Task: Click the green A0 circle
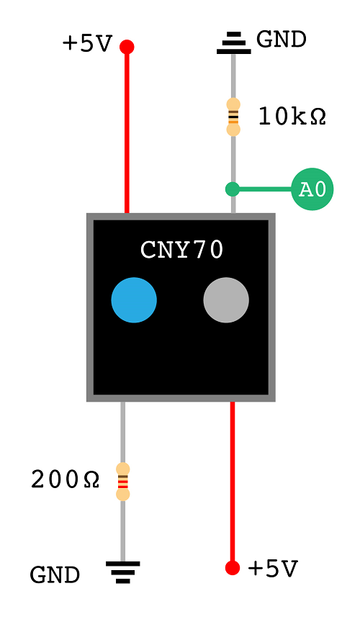coord(312,189)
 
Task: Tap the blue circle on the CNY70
coord(134,299)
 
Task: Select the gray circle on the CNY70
coord(226,299)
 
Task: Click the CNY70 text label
coord(182,250)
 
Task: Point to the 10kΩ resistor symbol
coord(233,117)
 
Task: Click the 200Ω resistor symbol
coord(123,482)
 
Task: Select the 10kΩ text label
coord(292,117)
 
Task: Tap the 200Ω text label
coord(65,479)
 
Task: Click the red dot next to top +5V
coord(127,47)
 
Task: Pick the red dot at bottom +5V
coord(232,568)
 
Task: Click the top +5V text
coord(87,44)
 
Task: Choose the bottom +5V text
coord(272,569)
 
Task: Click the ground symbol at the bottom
coord(123,572)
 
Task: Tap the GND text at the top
coord(282,40)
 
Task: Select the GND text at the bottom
coord(55,575)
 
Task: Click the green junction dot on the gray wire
coord(233,189)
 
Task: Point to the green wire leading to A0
coord(264,189)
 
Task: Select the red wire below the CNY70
coord(233,482)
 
